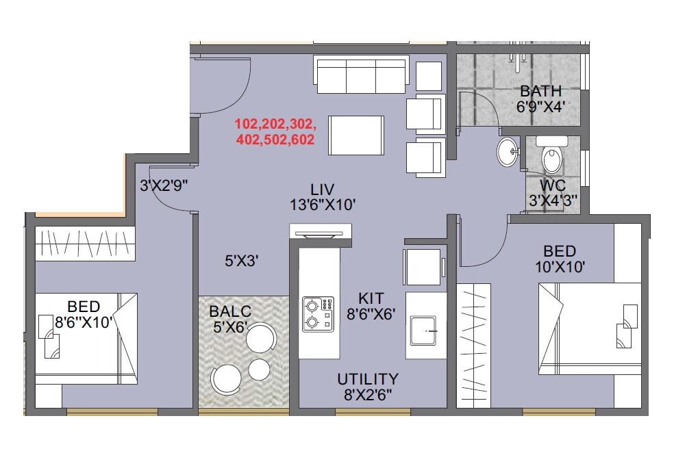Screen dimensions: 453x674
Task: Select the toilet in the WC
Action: coord(551,157)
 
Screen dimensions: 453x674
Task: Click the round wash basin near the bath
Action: coord(508,152)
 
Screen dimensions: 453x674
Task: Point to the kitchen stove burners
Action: coord(318,313)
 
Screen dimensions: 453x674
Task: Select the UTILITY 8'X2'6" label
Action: coord(367,386)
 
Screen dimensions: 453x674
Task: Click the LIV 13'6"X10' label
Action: coord(322,196)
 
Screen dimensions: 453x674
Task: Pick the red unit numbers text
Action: coord(275,132)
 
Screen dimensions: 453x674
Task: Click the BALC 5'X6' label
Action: coord(230,319)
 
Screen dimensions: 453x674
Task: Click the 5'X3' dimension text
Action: coord(242,260)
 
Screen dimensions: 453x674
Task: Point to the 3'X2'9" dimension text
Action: coord(164,185)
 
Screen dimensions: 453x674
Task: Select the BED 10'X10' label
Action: coord(560,259)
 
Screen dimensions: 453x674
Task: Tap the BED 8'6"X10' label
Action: coord(84,314)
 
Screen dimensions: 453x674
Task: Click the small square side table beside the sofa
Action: coord(429,75)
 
